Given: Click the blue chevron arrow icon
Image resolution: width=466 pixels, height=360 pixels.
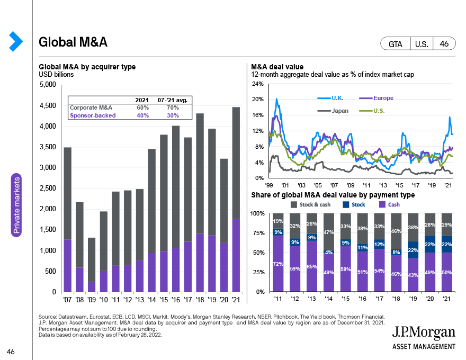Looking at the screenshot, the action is pyautogui.click(x=16, y=41).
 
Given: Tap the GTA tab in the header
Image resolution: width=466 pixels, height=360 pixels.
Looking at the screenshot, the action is pyautogui.click(x=395, y=44).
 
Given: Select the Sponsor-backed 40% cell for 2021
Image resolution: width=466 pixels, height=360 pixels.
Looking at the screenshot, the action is pyautogui.click(x=142, y=115).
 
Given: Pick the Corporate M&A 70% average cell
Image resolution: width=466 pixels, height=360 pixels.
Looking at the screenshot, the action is pyautogui.click(x=173, y=107).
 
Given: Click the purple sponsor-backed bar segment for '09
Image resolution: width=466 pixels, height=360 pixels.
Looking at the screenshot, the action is pyautogui.click(x=92, y=286).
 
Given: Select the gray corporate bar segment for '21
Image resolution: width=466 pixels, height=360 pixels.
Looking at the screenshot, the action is pyautogui.click(x=236, y=163).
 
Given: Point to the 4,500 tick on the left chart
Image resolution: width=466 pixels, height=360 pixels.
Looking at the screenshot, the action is pyautogui.click(x=48, y=105).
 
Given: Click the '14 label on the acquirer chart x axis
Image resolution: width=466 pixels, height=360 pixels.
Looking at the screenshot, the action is pyautogui.click(x=151, y=300).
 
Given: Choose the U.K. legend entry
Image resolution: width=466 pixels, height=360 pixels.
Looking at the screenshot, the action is pyautogui.click(x=330, y=98).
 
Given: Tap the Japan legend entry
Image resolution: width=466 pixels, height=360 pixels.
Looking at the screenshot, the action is pyautogui.click(x=333, y=111).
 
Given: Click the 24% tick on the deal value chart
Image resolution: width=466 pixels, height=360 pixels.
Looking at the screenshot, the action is pyautogui.click(x=258, y=84).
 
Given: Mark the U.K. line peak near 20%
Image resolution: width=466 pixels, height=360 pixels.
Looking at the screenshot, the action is pyautogui.click(x=276, y=99).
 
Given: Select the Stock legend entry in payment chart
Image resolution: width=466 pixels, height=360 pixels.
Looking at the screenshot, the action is pyautogui.click(x=354, y=205).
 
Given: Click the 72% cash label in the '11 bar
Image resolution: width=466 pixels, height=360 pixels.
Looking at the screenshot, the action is pyautogui.click(x=278, y=264).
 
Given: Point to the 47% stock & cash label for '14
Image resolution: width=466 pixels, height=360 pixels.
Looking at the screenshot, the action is pyautogui.click(x=329, y=232).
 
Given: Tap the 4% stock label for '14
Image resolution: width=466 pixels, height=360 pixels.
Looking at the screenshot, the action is pyautogui.click(x=329, y=252).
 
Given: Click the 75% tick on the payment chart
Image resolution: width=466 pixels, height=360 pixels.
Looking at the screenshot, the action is pyautogui.click(x=258, y=233).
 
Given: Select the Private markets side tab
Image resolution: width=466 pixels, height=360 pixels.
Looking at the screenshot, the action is pyautogui.click(x=16, y=205).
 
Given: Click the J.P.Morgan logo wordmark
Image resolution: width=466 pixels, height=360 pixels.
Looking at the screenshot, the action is pyautogui.click(x=424, y=332).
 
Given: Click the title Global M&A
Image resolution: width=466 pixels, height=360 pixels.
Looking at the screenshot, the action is pyautogui.click(x=73, y=42).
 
